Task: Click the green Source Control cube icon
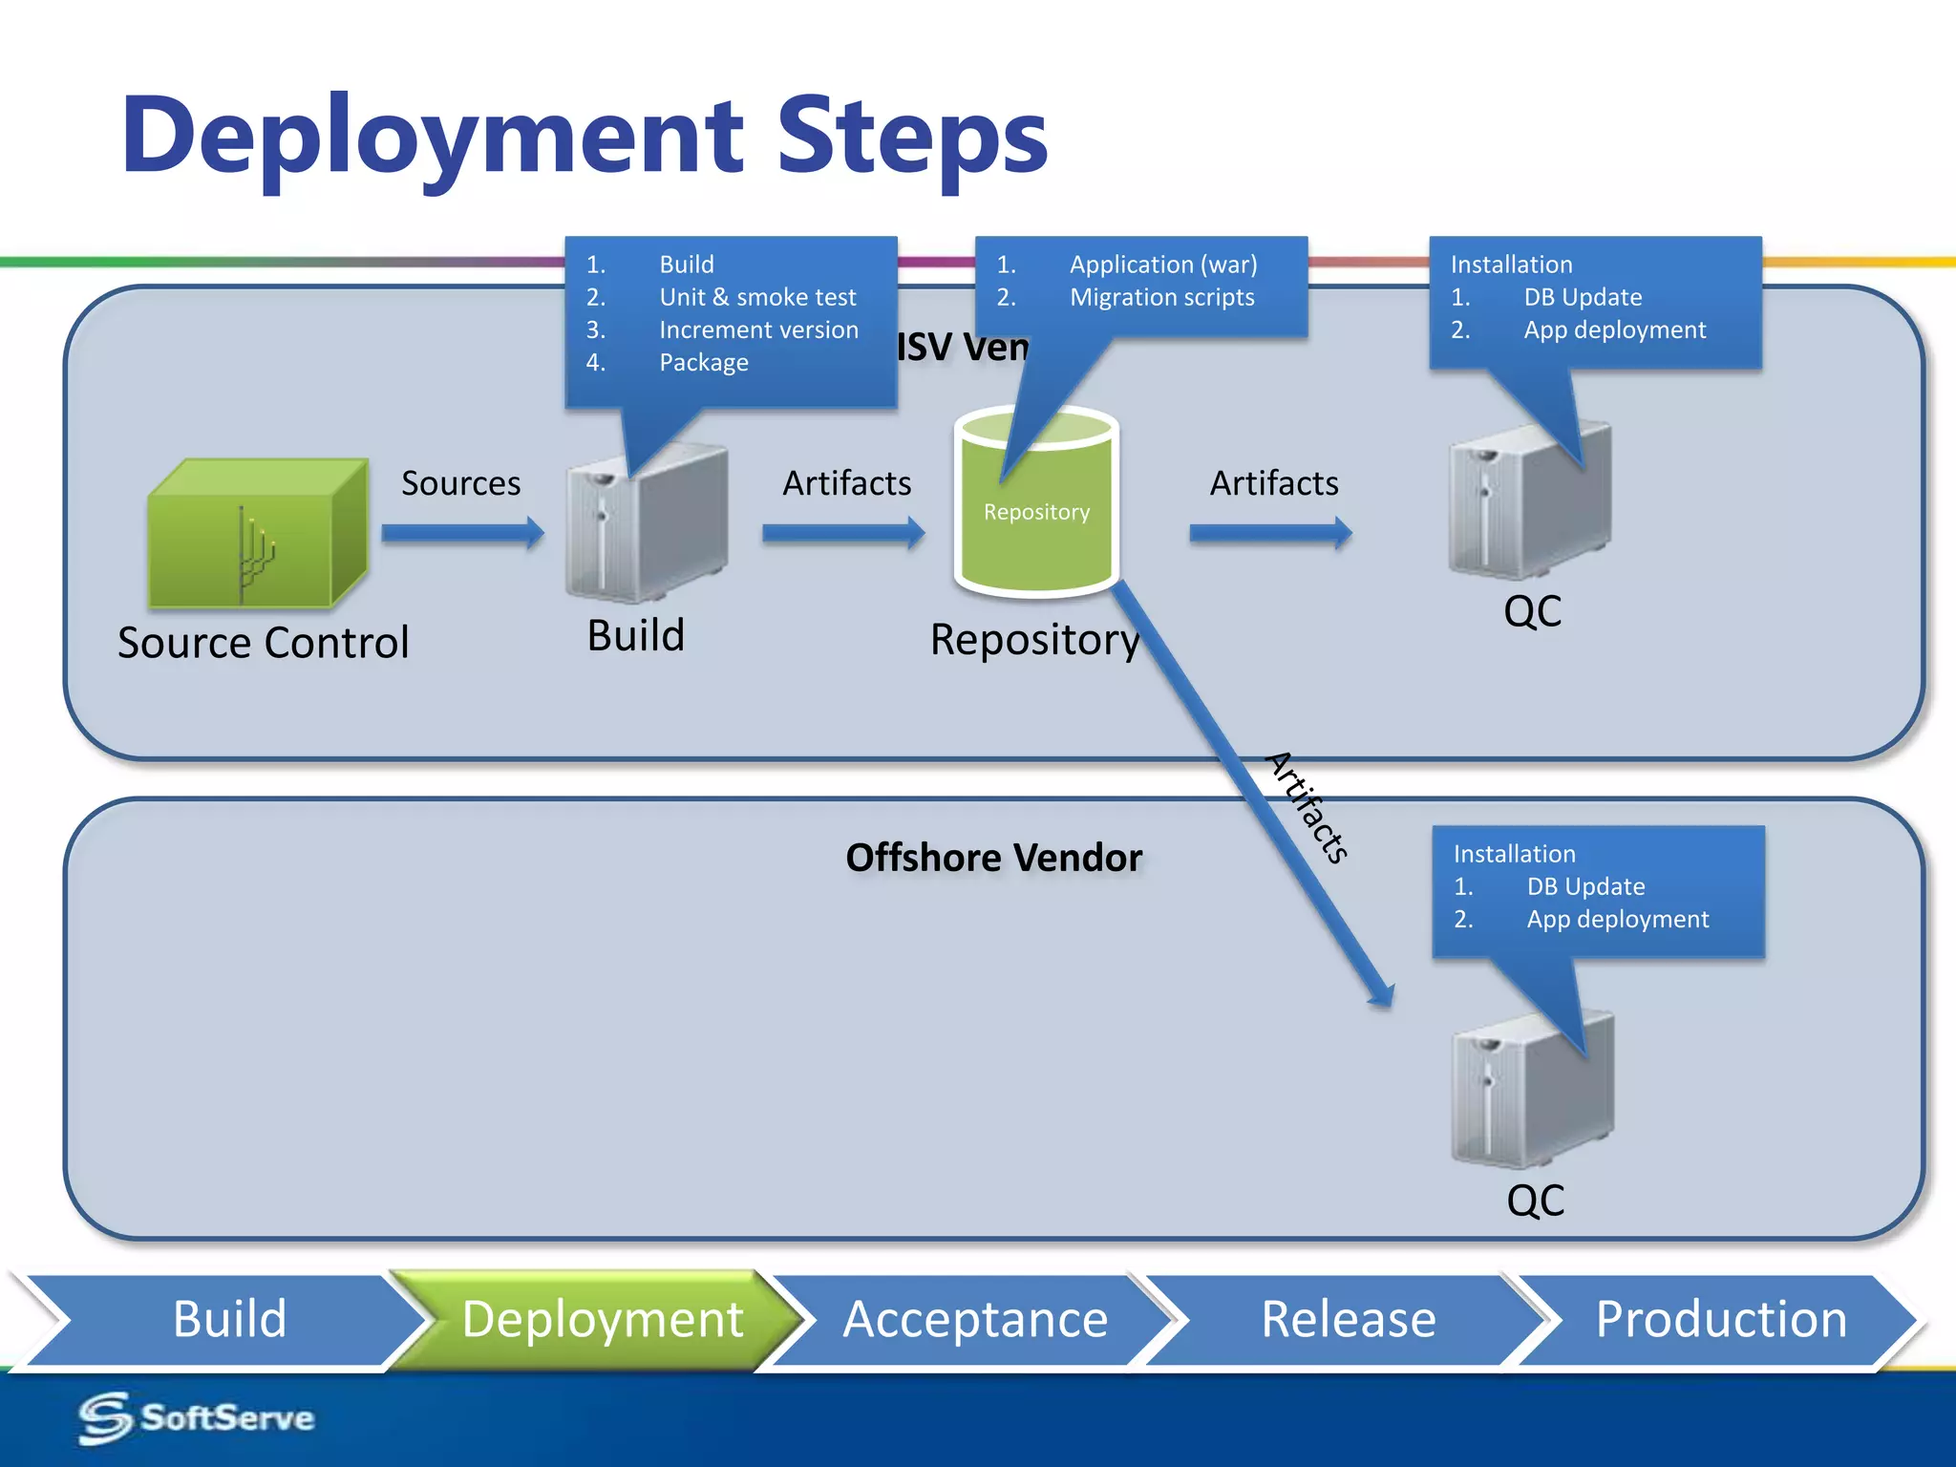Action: point(256,536)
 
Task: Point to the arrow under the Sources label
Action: point(462,532)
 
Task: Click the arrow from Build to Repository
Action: point(842,532)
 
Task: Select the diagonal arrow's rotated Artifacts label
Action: point(1308,807)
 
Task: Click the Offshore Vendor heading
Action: point(993,858)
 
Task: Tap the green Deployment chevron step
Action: point(602,1320)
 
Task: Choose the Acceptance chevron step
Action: point(975,1320)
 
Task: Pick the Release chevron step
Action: point(1348,1320)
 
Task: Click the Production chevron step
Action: point(1720,1320)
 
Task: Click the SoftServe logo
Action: point(197,1417)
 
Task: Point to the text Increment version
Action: point(758,330)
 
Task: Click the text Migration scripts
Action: point(1161,298)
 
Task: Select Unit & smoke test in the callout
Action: point(757,298)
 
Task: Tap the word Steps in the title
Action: point(912,137)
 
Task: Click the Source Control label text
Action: point(264,643)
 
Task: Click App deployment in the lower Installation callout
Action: point(1617,920)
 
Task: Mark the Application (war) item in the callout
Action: point(1162,265)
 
